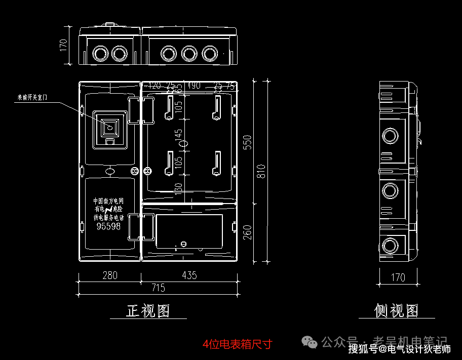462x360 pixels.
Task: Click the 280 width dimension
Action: point(109,275)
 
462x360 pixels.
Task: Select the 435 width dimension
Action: point(189,275)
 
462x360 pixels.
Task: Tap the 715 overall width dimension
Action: point(158,288)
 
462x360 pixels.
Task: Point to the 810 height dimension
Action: point(261,172)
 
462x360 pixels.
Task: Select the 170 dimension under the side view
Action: point(398,277)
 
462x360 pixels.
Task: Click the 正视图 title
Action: point(148,310)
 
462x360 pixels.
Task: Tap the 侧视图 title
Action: point(397,310)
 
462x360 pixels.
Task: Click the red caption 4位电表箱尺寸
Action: point(237,344)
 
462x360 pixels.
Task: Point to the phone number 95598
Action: point(108,227)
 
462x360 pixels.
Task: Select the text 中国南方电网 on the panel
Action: point(108,202)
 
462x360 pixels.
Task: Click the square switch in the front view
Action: point(109,127)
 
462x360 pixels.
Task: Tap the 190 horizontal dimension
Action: point(194,85)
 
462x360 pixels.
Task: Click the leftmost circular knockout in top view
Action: point(100,53)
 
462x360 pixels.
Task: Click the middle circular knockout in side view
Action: point(390,190)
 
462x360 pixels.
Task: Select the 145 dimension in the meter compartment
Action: point(178,136)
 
